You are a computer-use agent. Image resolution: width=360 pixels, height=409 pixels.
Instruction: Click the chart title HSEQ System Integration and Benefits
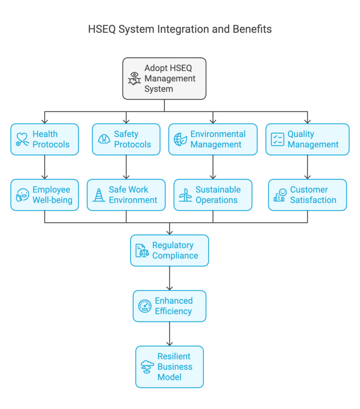pyautogui.click(x=180, y=29)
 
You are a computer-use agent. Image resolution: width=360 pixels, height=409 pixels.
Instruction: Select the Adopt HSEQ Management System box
pyautogui.click(x=164, y=79)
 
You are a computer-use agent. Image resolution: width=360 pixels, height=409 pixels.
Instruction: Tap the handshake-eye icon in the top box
pyautogui.click(x=135, y=78)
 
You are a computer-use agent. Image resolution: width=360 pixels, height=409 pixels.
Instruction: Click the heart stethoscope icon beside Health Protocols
pyautogui.click(x=22, y=139)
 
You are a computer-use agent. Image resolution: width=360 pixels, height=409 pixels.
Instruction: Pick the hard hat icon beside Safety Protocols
pyautogui.click(x=104, y=139)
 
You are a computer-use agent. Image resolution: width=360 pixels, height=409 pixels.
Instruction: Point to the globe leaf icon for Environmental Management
pyautogui.click(x=180, y=139)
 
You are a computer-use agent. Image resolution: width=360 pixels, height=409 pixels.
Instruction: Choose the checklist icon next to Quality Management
pyautogui.click(x=277, y=139)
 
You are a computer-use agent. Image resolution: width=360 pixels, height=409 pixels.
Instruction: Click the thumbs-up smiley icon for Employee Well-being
pyautogui.click(x=22, y=195)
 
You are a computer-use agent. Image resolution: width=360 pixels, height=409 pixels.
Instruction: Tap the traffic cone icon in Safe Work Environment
pyautogui.click(x=99, y=195)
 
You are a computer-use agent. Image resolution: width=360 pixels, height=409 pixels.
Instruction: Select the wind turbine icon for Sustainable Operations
pyautogui.click(x=185, y=195)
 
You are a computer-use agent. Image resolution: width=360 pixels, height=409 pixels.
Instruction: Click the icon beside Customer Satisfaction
pyautogui.click(x=280, y=195)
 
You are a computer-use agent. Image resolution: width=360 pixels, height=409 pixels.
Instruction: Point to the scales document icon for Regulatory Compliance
pyautogui.click(x=142, y=250)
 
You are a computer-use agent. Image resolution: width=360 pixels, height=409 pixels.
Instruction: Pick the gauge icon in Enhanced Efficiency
pyautogui.click(x=145, y=306)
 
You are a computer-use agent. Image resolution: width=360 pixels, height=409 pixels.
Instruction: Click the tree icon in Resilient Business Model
pyautogui.click(x=147, y=367)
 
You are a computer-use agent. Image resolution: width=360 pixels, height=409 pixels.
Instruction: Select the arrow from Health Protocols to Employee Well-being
pyautogui.click(x=45, y=167)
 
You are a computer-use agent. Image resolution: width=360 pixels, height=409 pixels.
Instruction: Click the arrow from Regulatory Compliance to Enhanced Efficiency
pyautogui.click(x=170, y=278)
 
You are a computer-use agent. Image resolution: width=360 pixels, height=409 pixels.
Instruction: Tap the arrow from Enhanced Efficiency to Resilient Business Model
pyautogui.click(x=170, y=334)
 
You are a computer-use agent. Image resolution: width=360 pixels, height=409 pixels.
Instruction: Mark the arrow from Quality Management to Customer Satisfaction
pyautogui.click(x=307, y=167)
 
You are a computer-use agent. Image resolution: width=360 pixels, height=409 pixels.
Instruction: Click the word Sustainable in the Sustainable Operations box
pyautogui.click(x=218, y=190)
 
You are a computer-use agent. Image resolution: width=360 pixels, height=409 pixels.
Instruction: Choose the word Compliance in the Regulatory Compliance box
pyautogui.click(x=175, y=256)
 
